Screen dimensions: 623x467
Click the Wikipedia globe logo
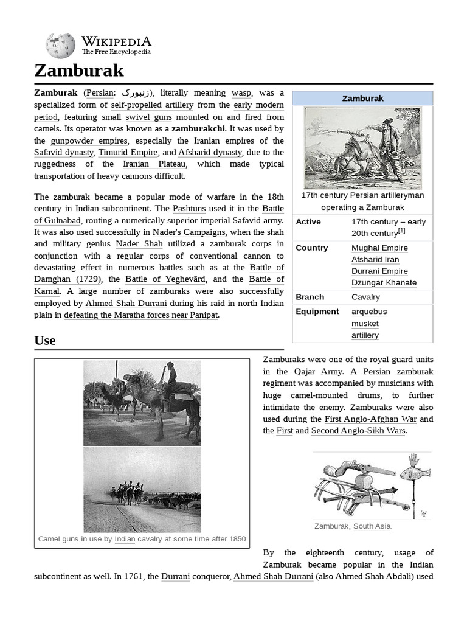[x=60, y=46]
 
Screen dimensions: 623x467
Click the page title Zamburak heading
[x=79, y=71]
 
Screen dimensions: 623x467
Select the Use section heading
[x=45, y=341]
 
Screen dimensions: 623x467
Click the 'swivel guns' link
[x=148, y=117]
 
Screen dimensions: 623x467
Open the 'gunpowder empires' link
[x=89, y=141]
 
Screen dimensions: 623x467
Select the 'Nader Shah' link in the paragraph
[x=139, y=244]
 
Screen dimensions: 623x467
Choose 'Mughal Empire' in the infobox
[x=379, y=248]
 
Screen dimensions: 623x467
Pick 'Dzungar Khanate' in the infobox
[x=384, y=283]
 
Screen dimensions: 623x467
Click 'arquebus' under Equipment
[x=368, y=311]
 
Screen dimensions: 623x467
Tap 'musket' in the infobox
[x=365, y=324]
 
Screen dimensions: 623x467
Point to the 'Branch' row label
[x=310, y=297]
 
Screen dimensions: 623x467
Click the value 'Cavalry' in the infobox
[x=365, y=297]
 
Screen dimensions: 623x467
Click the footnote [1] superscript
[x=402, y=231]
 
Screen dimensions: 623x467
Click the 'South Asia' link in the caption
[x=372, y=526]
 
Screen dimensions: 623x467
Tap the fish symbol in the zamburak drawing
[x=415, y=473]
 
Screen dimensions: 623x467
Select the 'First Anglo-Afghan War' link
[x=371, y=419]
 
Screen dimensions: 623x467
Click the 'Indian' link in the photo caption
[x=125, y=539]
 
